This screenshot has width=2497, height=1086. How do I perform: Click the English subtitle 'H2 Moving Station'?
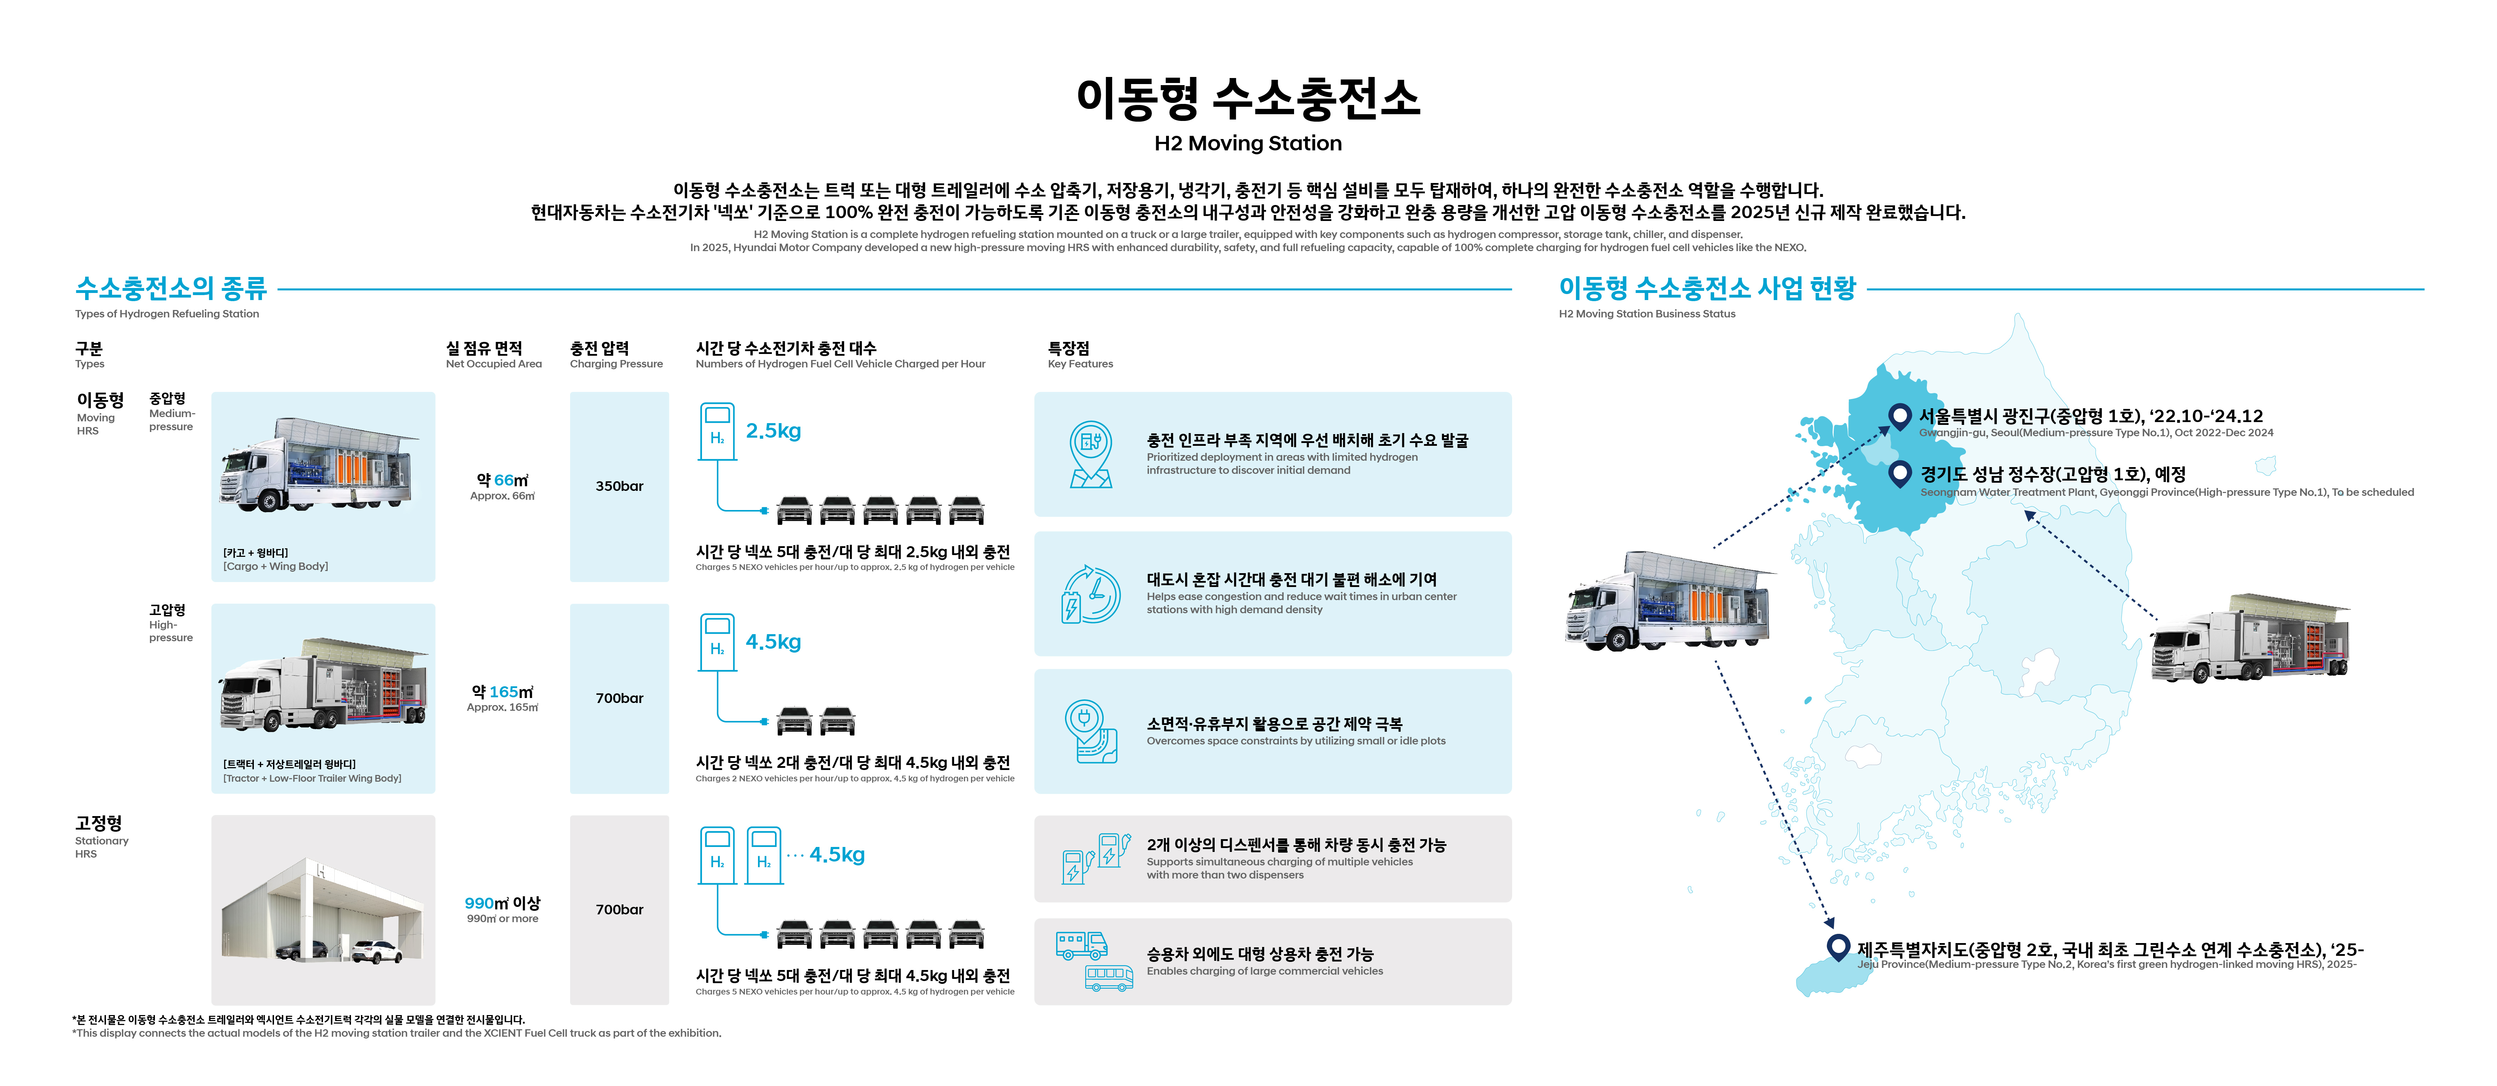(1248, 144)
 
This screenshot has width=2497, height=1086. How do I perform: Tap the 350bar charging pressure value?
(618, 486)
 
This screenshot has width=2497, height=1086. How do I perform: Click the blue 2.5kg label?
(773, 431)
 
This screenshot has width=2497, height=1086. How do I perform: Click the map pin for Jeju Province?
(1837, 946)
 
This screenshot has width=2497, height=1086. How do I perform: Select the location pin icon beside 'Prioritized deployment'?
(1091, 454)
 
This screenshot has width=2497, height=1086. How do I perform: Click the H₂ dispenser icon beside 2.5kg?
(717, 432)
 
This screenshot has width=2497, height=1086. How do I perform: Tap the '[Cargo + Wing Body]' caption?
(275, 566)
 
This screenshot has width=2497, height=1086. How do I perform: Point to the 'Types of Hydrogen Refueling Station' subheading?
(167, 314)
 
